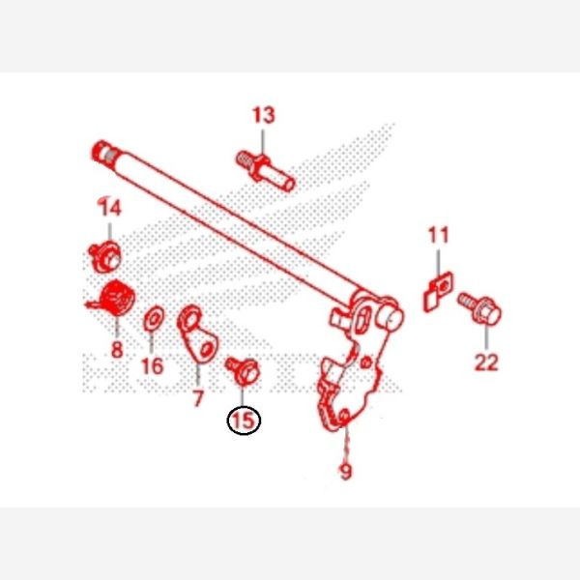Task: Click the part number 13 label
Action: (264, 115)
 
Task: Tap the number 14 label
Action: (110, 208)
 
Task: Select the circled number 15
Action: (244, 420)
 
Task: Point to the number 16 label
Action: (153, 365)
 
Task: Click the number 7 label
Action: (198, 398)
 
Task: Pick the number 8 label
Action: (117, 350)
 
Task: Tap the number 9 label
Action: (345, 472)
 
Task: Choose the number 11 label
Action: (439, 235)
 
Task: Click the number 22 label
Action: (486, 362)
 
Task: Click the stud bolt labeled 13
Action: (266, 172)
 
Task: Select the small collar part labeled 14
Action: (104, 256)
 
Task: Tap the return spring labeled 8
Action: (113, 298)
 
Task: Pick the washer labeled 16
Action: (154, 318)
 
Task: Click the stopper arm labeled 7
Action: (198, 334)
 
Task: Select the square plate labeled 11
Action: (438, 291)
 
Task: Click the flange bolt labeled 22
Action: (479, 309)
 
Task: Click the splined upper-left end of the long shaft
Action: (104, 152)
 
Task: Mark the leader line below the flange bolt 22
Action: (486, 337)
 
